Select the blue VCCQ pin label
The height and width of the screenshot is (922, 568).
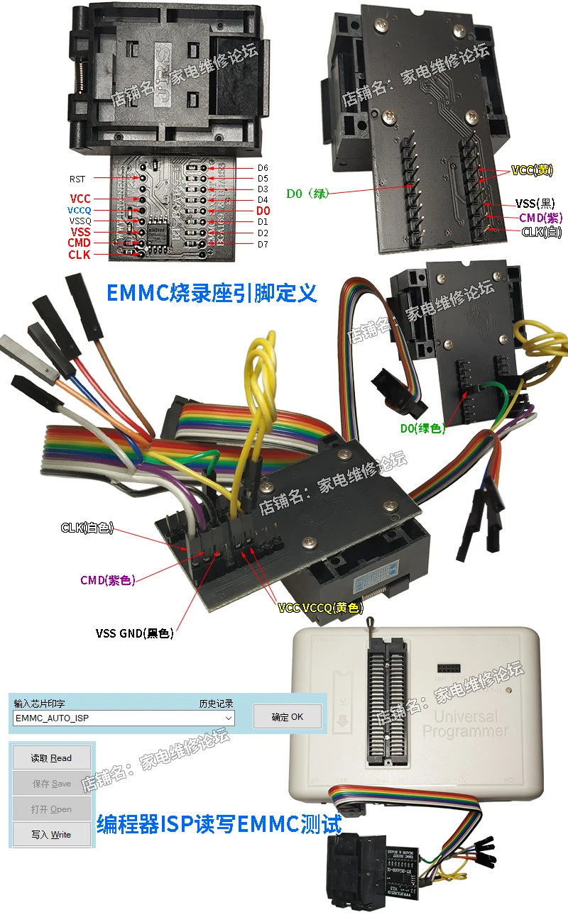point(80,211)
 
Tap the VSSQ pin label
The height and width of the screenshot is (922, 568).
point(80,221)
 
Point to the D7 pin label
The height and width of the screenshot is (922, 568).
point(263,244)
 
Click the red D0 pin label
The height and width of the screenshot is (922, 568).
point(263,211)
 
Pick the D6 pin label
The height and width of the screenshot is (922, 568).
point(263,167)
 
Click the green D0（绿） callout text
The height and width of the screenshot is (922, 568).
point(307,193)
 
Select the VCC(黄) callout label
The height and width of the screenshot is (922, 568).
point(532,170)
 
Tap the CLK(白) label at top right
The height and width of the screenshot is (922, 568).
point(540,231)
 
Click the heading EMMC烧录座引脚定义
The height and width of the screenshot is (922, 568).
point(211,292)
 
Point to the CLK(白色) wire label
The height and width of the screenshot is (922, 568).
point(87,528)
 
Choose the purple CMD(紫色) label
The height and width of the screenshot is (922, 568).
point(107,580)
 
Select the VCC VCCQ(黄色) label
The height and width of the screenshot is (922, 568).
point(320,608)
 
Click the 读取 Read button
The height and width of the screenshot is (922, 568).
point(51,758)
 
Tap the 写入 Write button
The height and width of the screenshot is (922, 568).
point(51,835)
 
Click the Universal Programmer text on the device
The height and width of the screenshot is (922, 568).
point(466,723)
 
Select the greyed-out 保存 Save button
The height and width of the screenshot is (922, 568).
point(51,784)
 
